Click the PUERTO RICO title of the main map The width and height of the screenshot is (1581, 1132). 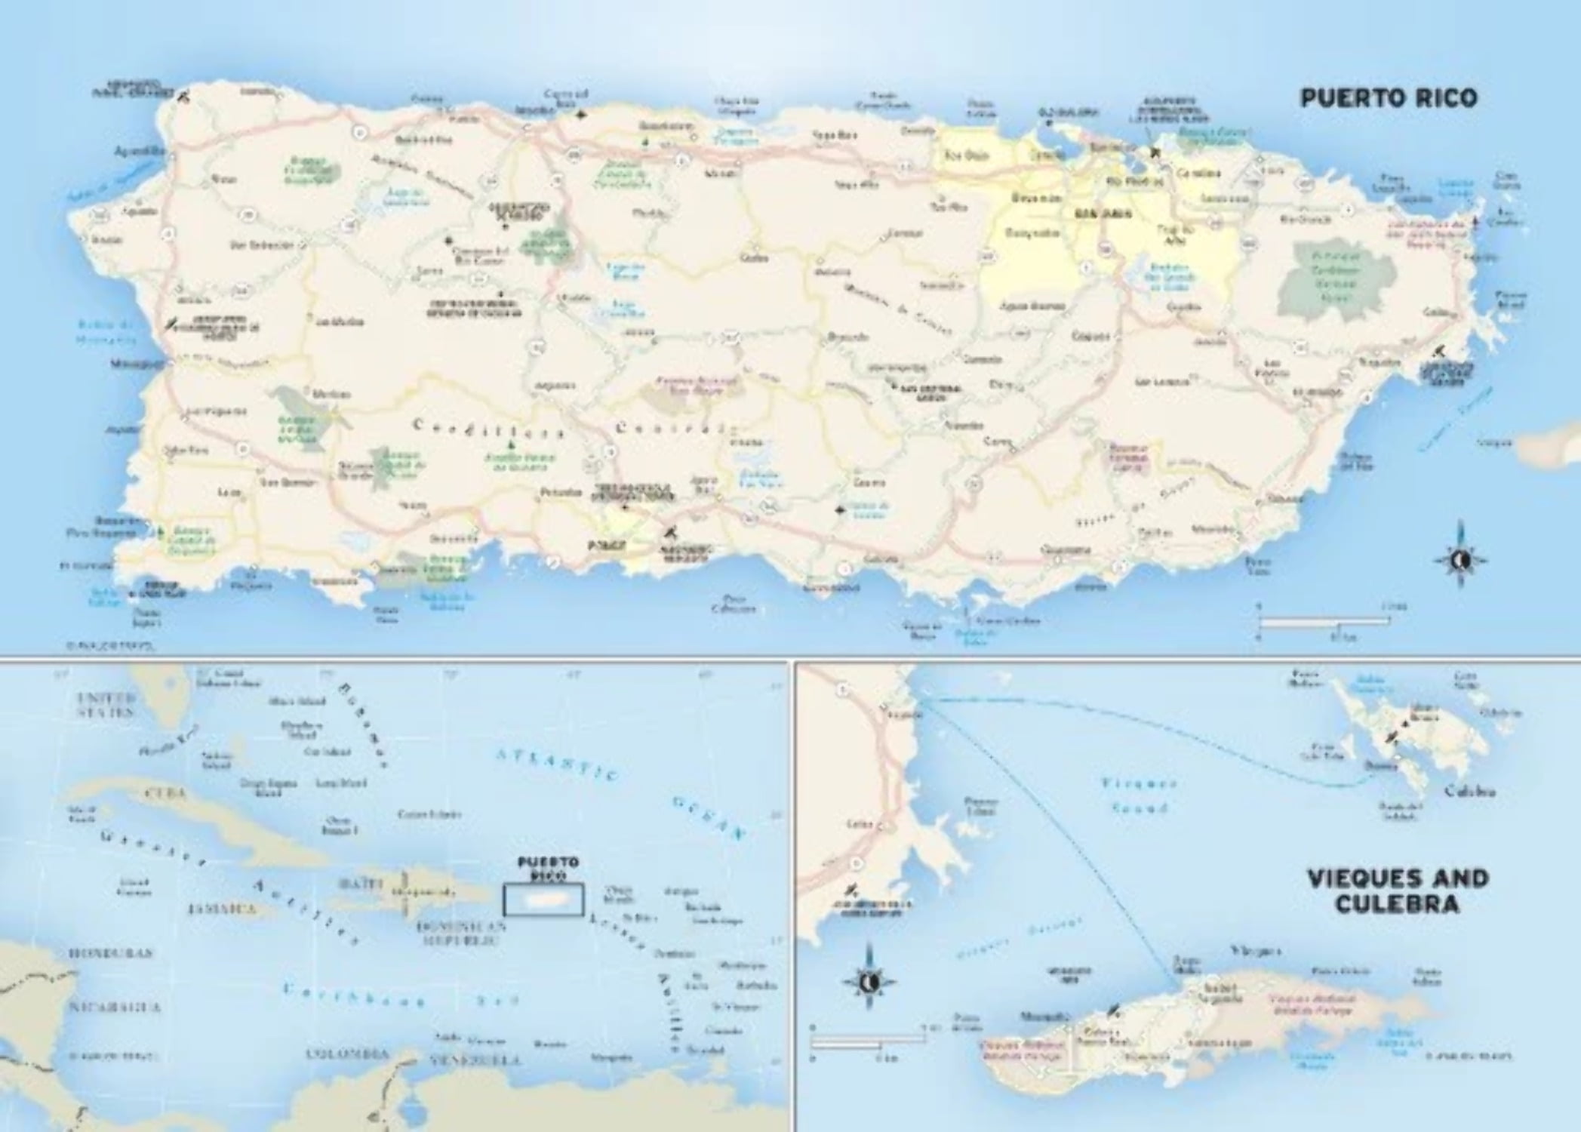tap(1388, 99)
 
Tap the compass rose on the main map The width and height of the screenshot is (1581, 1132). tap(1460, 560)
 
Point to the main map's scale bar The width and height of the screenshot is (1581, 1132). tap(1324, 622)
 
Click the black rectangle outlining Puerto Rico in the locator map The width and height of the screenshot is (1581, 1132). tap(543, 900)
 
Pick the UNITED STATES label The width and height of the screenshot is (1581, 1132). tap(106, 704)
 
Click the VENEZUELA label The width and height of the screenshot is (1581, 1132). tap(475, 1060)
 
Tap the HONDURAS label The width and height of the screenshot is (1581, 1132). tap(110, 953)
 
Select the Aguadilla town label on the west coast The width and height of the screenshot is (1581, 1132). tap(139, 151)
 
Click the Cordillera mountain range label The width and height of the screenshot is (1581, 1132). tap(489, 429)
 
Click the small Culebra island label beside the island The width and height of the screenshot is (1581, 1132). tap(1469, 792)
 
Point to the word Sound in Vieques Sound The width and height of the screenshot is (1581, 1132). tap(1140, 807)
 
